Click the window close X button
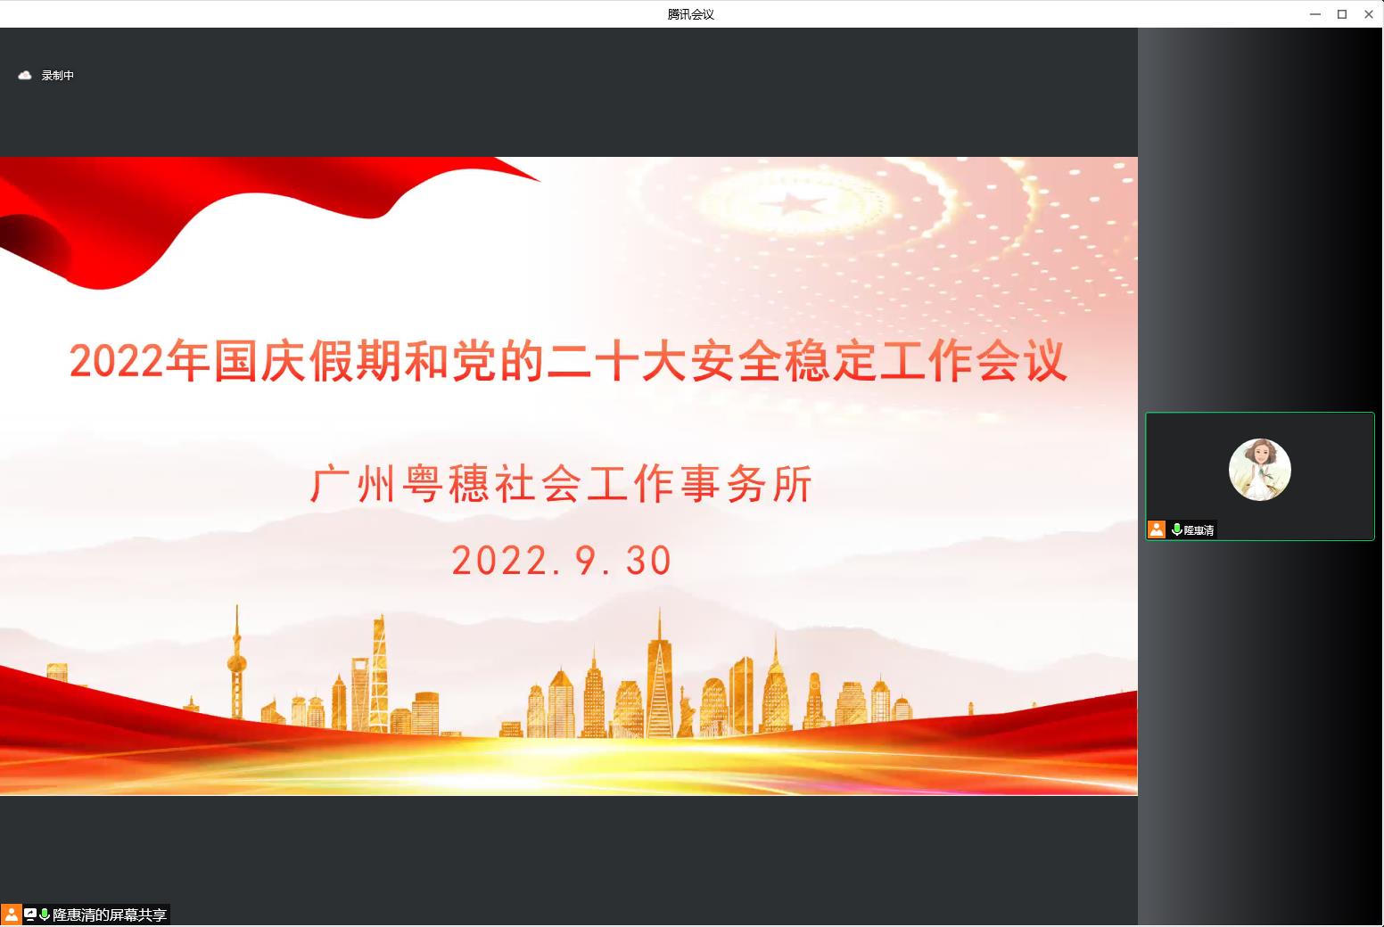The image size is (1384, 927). [1369, 14]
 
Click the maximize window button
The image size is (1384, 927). [1342, 14]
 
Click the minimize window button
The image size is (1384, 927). [1315, 14]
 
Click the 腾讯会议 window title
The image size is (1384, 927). [691, 14]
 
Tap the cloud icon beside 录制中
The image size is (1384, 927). [25, 76]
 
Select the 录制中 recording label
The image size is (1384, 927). [57, 76]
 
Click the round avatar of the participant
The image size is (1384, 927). [1259, 470]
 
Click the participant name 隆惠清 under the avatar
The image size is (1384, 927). [1199, 529]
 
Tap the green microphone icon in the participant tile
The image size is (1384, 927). [1176, 529]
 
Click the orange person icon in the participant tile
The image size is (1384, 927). [1157, 529]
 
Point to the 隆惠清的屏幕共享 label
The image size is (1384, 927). [110, 915]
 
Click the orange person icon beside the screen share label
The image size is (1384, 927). [11, 915]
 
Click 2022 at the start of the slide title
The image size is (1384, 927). [116, 362]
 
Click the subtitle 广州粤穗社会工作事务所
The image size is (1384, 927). [561, 484]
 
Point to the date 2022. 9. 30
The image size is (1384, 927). [561, 561]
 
